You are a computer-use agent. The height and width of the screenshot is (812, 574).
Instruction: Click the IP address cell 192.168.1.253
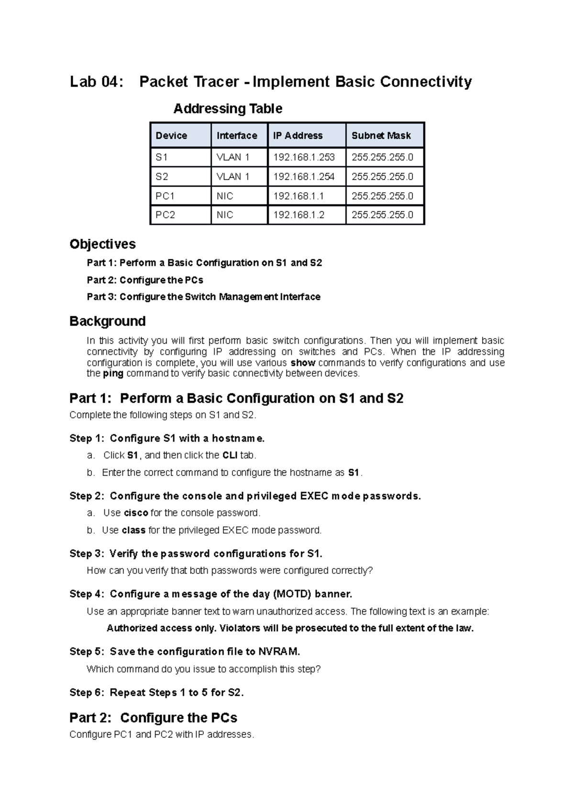(304, 157)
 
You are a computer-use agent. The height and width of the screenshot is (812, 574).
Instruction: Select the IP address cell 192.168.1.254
(304, 176)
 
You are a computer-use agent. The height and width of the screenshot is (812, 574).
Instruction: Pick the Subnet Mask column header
(381, 136)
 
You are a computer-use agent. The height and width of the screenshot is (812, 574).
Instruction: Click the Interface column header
(237, 136)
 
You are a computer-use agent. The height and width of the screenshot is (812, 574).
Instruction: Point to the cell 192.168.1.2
(298, 215)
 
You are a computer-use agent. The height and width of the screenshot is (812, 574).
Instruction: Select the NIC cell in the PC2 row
(225, 215)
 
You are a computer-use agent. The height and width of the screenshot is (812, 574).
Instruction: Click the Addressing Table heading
(228, 109)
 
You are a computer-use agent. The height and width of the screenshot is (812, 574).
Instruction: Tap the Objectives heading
(102, 244)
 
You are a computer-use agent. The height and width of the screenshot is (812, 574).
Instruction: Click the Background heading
(107, 321)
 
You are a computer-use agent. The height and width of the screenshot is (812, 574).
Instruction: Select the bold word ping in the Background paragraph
(113, 373)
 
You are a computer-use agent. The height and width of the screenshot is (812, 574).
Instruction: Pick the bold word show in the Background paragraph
(303, 363)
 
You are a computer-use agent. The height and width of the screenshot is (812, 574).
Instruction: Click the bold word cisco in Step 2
(136, 513)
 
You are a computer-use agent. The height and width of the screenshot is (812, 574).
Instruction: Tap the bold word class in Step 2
(133, 530)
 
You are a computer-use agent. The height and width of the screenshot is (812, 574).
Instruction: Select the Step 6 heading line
(156, 692)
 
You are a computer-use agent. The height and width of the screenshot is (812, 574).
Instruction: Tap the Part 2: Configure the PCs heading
(153, 718)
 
